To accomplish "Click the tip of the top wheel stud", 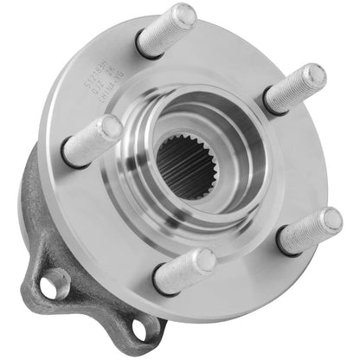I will pos(184,15).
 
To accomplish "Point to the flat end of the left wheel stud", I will pos(110,129).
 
